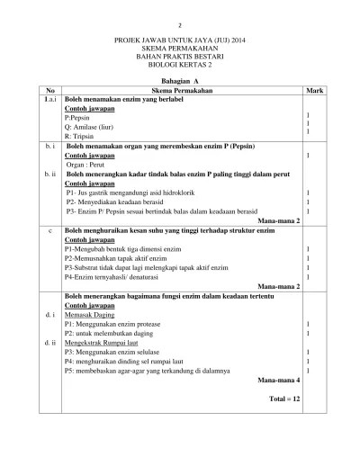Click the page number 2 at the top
pyautogui.click(x=179, y=26)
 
